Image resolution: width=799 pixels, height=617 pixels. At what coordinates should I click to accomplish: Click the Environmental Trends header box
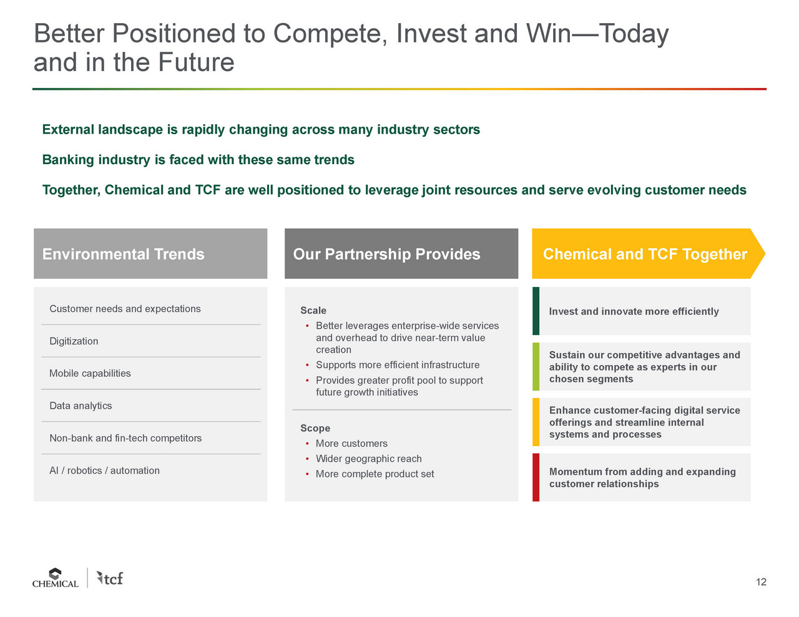click(150, 253)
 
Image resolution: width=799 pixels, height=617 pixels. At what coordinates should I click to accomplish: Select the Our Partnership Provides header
click(401, 253)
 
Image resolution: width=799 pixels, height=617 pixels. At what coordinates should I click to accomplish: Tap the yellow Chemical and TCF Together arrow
click(648, 253)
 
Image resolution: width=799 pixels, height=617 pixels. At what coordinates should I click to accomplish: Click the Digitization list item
click(74, 341)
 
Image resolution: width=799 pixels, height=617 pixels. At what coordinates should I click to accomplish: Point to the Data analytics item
click(81, 406)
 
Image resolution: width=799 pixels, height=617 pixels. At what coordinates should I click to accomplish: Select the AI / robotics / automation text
click(104, 470)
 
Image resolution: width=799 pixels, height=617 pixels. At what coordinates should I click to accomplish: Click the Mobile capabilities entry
click(90, 373)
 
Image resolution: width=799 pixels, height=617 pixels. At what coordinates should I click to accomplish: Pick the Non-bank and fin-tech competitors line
click(125, 438)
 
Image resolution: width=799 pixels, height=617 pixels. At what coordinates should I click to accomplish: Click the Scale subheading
click(313, 311)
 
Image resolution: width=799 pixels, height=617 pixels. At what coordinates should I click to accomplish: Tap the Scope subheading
click(315, 428)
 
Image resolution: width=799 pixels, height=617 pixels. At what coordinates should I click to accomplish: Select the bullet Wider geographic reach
click(368, 459)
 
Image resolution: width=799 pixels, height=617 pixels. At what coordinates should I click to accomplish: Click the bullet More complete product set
click(375, 474)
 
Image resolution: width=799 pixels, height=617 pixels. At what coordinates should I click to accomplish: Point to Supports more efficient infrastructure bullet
click(398, 365)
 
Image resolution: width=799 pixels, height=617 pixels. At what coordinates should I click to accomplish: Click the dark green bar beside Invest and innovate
click(536, 311)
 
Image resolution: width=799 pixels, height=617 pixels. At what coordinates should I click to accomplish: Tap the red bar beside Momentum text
click(536, 477)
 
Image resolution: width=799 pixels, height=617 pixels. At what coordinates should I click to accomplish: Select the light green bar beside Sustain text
click(536, 366)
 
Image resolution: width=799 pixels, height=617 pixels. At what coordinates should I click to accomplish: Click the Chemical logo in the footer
click(55, 578)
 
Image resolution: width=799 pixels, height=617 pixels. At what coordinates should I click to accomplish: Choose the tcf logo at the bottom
click(110, 578)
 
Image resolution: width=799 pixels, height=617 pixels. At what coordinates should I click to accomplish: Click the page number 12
click(761, 582)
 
